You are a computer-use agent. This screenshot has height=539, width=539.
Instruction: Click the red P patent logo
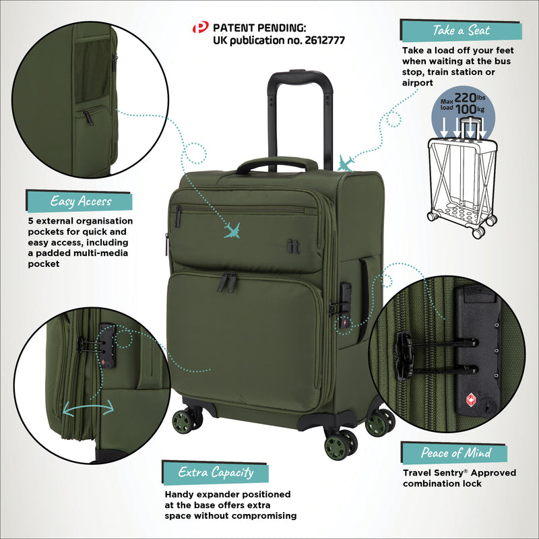click(x=201, y=28)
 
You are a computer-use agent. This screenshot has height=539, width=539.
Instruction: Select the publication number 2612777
click(x=321, y=40)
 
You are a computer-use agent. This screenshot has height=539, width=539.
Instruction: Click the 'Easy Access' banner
click(x=80, y=201)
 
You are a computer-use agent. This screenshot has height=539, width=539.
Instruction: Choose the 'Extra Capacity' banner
click(x=216, y=472)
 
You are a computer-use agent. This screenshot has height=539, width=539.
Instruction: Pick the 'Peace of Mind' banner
click(x=455, y=453)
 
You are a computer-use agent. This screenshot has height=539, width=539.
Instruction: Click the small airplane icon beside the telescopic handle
click(x=346, y=163)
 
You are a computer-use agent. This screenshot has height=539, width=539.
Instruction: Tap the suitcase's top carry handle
click(x=276, y=164)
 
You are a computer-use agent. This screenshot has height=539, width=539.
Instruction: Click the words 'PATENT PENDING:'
click(x=259, y=28)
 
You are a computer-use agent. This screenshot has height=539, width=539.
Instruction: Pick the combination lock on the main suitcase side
click(x=344, y=300)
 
